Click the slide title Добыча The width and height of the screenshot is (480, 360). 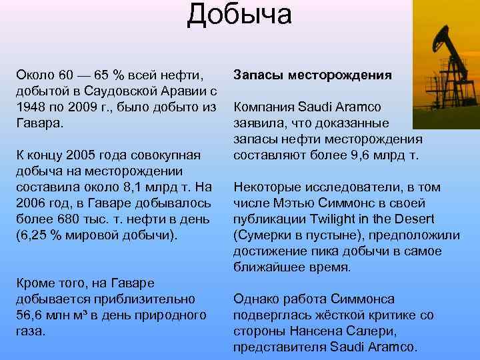239,15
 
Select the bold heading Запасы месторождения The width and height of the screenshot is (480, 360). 311,75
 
